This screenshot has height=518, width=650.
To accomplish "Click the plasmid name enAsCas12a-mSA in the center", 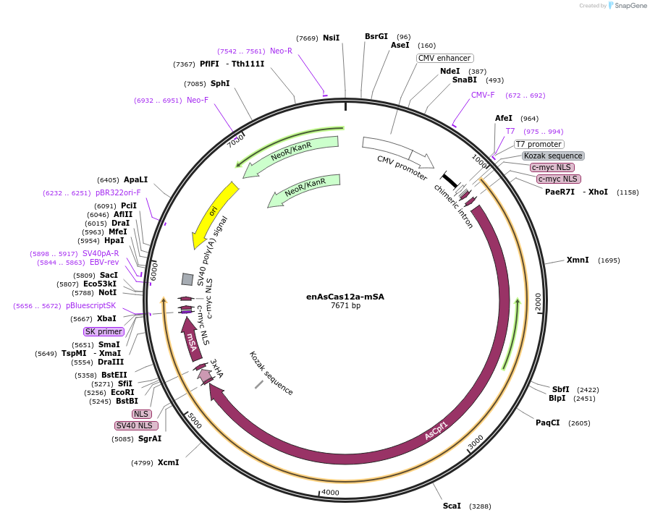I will pos(345,296).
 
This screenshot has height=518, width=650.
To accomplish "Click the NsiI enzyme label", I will pos(331,38).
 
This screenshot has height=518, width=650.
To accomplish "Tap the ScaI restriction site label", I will pos(452,506).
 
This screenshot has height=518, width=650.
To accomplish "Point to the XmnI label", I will pos(578,260).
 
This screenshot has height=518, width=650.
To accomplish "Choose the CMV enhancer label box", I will pos(445,58).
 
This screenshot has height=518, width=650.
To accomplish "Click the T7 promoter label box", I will pos(539,144).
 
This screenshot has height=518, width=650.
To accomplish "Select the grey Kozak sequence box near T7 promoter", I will pos(553,156).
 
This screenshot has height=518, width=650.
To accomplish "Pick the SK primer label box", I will pos(104,331).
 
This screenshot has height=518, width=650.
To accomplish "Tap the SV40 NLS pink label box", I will pos(136,425).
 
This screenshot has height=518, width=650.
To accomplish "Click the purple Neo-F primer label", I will pos(198,100).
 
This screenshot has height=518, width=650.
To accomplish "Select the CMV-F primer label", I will pos(483,95).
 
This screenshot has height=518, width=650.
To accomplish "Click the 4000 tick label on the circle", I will pos(330,493).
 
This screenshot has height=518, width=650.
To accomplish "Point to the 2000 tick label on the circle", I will pos(538,302).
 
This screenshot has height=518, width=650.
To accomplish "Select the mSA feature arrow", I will pos(192,343).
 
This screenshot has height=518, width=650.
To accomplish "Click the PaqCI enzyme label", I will pos(548,423).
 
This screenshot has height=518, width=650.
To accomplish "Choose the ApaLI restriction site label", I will pos(135,179).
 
